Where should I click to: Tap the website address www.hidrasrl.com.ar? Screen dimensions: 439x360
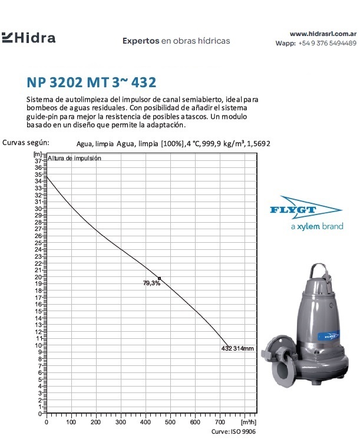tap(323, 34)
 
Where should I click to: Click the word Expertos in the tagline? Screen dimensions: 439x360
tap(140, 41)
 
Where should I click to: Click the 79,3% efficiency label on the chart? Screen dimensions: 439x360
tap(151, 283)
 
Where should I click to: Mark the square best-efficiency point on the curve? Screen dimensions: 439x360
tap(159, 278)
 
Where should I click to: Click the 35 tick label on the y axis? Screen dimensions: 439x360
tap(38, 174)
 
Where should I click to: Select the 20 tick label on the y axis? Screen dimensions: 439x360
tap(38, 277)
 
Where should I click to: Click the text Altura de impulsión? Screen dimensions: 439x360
tap(74, 158)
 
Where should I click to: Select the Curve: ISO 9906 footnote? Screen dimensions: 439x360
tap(234, 432)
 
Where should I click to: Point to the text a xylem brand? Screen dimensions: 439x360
tap(317, 227)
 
